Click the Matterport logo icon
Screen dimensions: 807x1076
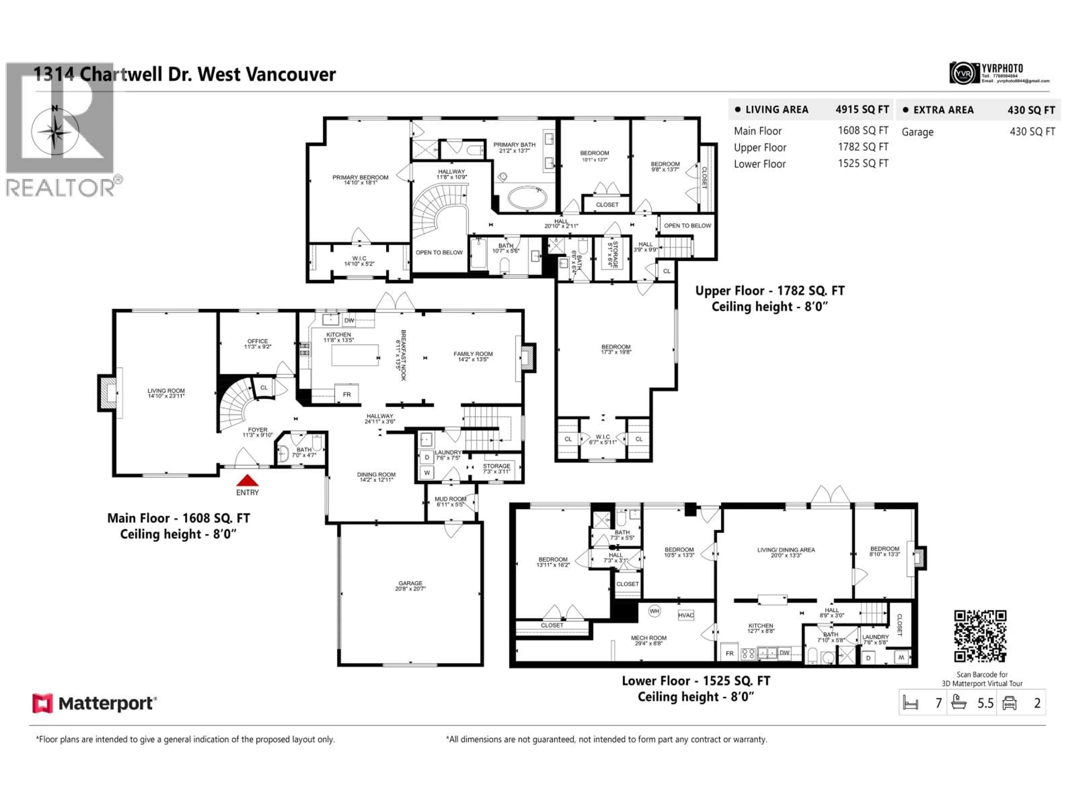click(42, 703)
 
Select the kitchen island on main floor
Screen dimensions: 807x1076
click(355, 355)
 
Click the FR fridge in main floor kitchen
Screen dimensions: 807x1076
click(347, 394)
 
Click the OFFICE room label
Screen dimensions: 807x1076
click(257, 344)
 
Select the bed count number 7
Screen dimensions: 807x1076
click(938, 703)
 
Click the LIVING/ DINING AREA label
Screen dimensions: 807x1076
click(786, 552)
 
